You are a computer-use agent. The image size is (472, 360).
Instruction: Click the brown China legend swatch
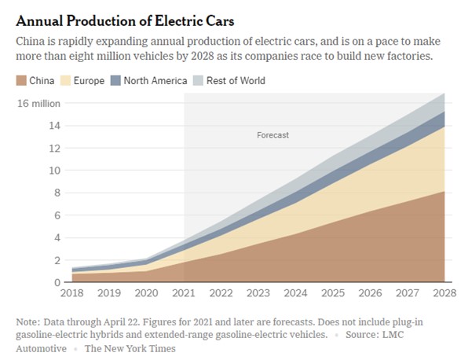pos(21,80)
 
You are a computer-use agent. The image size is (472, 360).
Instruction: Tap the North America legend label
pos(156,80)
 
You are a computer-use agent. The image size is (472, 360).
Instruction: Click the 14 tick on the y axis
pos(56,126)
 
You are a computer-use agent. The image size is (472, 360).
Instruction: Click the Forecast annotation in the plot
pos(273,135)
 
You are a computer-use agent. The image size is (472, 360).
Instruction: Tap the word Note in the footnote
pos(29,322)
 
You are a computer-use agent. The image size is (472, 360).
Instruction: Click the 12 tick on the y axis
pos(56,148)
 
